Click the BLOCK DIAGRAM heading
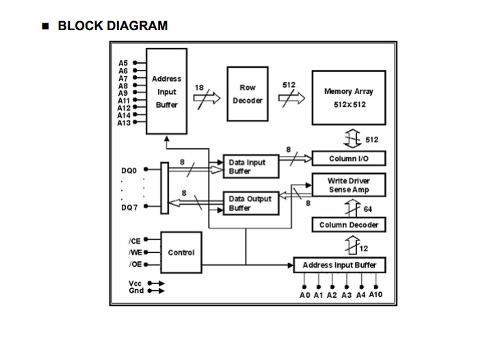click(x=112, y=26)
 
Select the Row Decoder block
click(x=248, y=94)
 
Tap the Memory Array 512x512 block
click(x=349, y=98)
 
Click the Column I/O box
click(x=349, y=159)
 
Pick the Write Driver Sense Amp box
click(x=349, y=185)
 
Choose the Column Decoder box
click(x=349, y=224)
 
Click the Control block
click(x=181, y=253)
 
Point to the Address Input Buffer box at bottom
click(x=339, y=266)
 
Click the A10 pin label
click(x=376, y=295)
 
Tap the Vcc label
click(x=135, y=283)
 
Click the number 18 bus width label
click(x=199, y=88)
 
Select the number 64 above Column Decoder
click(x=367, y=209)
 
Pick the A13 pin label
click(x=124, y=123)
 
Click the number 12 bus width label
click(x=364, y=248)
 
